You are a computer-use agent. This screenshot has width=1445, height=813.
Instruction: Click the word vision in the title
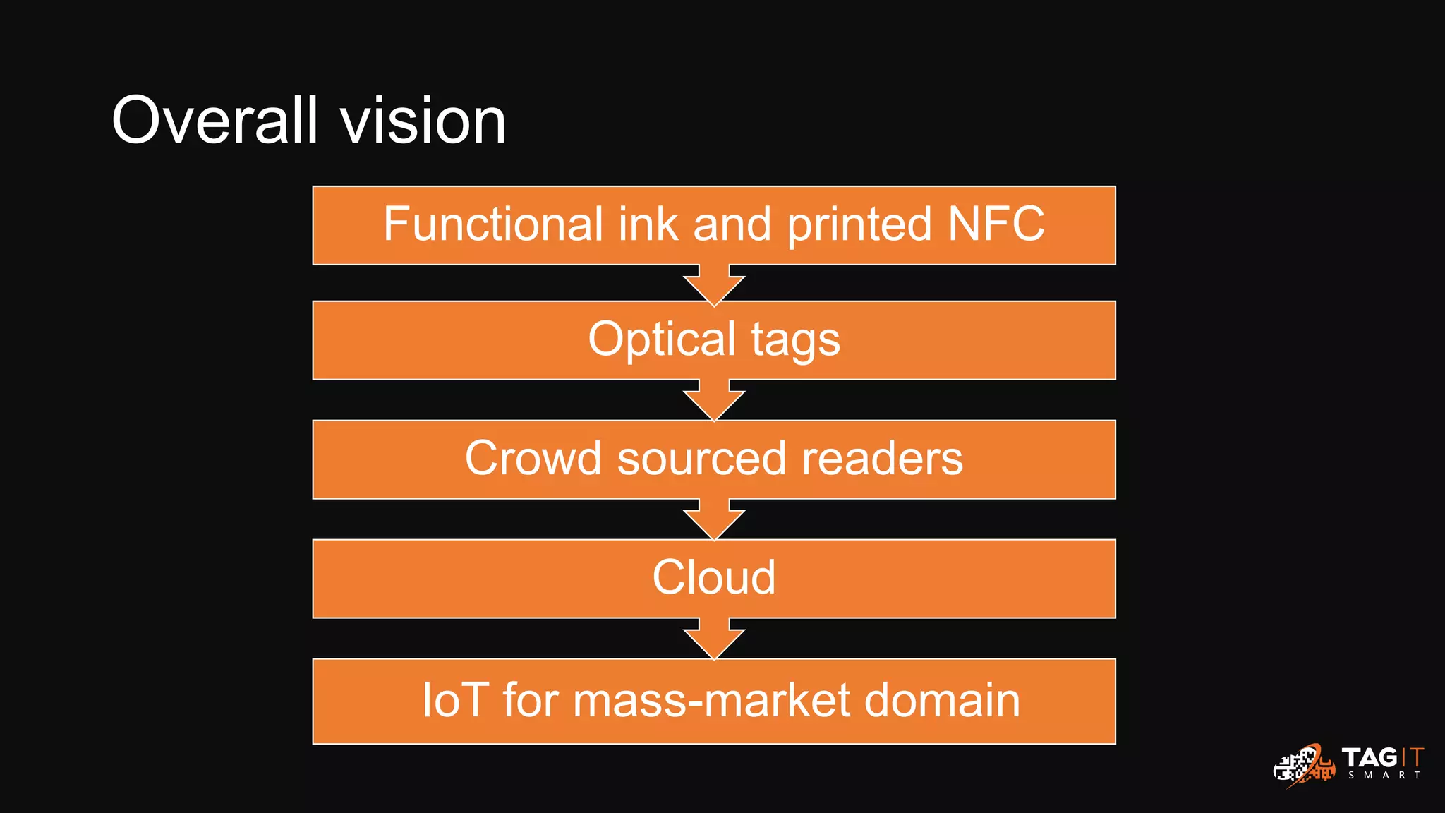point(423,121)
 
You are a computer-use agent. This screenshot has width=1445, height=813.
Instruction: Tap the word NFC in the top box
point(996,224)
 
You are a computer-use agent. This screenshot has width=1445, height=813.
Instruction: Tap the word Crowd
point(533,459)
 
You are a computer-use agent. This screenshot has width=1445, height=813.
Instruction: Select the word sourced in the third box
point(702,459)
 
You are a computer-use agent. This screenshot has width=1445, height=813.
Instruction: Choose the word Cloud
point(714,577)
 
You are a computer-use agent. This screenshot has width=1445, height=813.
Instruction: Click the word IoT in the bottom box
point(455,700)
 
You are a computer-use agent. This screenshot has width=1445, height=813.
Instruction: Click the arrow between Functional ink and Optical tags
point(714,285)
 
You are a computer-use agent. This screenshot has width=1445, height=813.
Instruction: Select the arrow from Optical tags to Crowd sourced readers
point(714,400)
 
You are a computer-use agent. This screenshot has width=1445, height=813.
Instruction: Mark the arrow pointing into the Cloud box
point(714,519)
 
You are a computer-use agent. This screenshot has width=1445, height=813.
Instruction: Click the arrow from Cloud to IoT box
point(714,639)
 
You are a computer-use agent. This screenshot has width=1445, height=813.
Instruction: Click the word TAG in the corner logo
point(1369,758)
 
